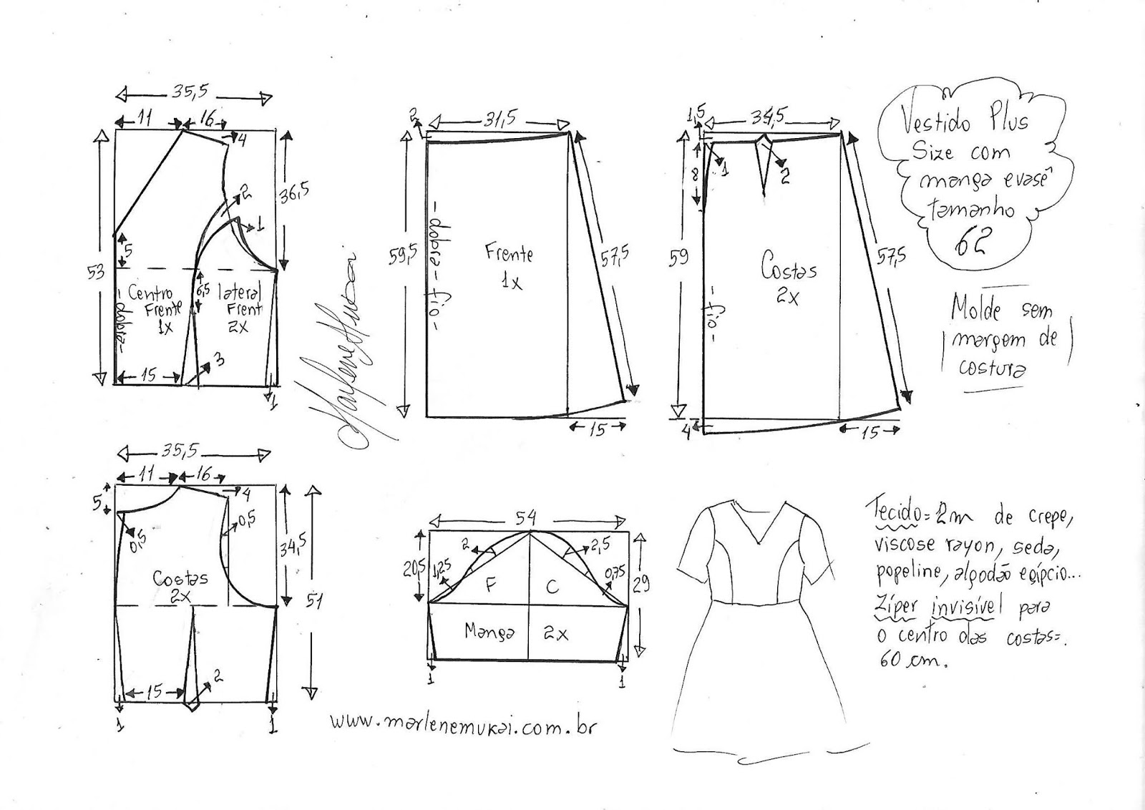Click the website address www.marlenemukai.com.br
(463, 723)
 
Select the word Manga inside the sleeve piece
(489, 632)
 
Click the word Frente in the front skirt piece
(509, 253)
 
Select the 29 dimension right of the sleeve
(641, 584)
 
